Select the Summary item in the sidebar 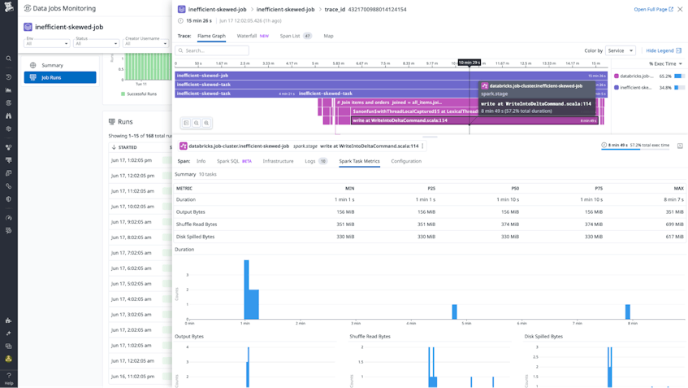click(x=52, y=65)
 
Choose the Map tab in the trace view click(x=328, y=36)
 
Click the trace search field click(x=213, y=50)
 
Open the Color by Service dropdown click(x=621, y=50)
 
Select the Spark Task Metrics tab click(x=359, y=161)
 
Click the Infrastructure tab click(x=278, y=161)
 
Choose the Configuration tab click(x=406, y=161)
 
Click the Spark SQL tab click(x=234, y=161)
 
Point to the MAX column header click(x=678, y=188)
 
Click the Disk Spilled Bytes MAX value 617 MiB click(x=674, y=237)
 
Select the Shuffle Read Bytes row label click(x=197, y=225)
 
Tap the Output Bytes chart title click(x=189, y=336)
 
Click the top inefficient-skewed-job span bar click(x=390, y=76)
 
